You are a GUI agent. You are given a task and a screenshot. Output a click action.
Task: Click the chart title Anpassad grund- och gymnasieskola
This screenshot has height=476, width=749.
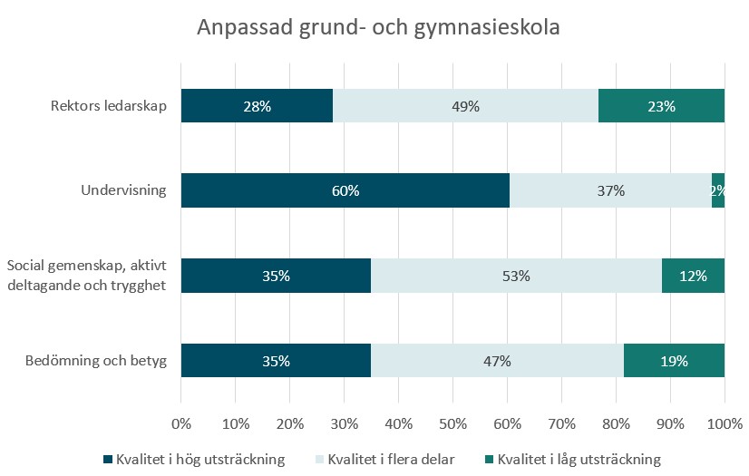coord(378,28)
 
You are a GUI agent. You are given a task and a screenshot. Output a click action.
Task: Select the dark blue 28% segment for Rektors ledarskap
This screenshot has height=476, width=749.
coord(257,106)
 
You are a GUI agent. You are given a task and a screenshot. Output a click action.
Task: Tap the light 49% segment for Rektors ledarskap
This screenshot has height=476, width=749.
coord(465,106)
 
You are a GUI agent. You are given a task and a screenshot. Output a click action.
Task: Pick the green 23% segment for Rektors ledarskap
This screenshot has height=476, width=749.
coord(661,106)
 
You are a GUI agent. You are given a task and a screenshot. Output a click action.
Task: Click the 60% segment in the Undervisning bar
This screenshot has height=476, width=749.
coord(345,190)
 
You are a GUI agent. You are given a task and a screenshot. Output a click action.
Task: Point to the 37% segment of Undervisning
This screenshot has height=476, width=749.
coord(610,190)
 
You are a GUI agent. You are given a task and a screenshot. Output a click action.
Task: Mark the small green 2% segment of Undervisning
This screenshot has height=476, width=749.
coord(718,190)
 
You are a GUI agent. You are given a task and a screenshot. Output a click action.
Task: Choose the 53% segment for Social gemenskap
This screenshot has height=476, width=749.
coord(516,276)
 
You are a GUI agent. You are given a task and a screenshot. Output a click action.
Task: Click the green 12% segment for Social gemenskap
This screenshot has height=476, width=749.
coord(693,276)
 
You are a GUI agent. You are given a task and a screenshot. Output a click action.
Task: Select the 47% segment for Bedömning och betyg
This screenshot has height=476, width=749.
coord(497,361)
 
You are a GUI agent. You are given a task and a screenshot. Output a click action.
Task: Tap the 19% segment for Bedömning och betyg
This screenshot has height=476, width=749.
coord(674,361)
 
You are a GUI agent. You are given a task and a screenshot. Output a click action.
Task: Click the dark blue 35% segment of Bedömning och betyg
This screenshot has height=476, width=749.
coord(276,361)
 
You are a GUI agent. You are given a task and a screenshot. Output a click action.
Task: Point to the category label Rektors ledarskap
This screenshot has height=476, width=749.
coord(108,107)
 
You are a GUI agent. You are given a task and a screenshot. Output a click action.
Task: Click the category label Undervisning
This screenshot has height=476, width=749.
coord(124,191)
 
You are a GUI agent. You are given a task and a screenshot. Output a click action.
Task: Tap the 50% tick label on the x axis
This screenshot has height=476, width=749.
coord(452,424)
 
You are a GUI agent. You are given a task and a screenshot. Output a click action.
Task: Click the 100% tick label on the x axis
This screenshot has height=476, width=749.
coord(724,424)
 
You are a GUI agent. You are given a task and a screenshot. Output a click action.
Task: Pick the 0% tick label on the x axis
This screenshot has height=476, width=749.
coord(181,424)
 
